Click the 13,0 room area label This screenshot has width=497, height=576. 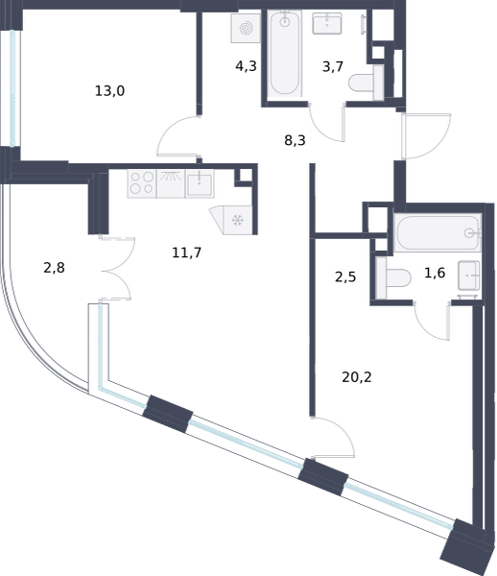point(109,91)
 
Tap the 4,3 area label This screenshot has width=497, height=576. point(246,66)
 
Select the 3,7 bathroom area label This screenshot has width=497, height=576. point(333,67)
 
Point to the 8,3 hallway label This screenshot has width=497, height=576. point(295,140)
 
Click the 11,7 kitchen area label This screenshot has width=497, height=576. point(186,252)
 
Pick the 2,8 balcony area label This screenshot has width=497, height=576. point(54,268)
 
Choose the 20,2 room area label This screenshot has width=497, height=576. point(356,377)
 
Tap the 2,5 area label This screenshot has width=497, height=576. point(345,277)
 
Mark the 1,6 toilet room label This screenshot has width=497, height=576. point(435,273)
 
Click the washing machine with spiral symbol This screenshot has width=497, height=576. point(246,28)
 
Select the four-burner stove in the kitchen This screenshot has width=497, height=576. point(142,183)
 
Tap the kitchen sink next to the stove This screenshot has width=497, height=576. point(200,183)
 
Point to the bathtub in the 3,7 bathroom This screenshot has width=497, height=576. point(285,54)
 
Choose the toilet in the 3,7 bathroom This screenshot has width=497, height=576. point(367,83)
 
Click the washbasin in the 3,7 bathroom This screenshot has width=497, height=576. point(327,24)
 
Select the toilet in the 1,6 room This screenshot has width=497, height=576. point(393,278)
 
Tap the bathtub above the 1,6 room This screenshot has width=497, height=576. point(438,233)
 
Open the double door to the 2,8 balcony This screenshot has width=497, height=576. point(116,269)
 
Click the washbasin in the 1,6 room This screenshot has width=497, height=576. point(469,276)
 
